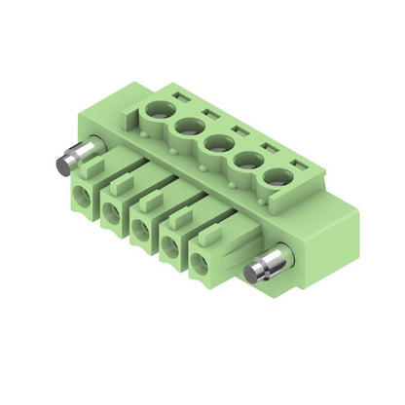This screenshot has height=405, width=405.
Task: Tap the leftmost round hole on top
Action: pyautogui.click(x=157, y=122)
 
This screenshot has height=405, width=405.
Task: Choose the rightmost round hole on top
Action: pyautogui.click(x=278, y=178)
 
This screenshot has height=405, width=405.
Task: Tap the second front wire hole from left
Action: pyautogui.click(x=110, y=213)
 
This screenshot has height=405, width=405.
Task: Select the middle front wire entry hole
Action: pyautogui.click(x=139, y=231)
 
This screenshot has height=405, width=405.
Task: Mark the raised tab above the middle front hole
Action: pyautogui.click(x=148, y=199)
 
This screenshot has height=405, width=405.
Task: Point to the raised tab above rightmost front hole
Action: pyautogui.click(x=209, y=235)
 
